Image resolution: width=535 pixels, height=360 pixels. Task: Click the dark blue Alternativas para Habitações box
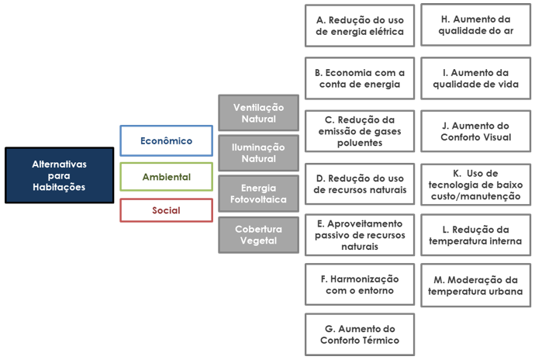60,175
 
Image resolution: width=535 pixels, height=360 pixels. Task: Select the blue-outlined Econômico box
166,140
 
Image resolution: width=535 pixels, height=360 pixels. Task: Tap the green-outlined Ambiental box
166,177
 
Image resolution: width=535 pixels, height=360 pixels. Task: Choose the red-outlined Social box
166,210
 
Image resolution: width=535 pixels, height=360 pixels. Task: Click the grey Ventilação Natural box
259,113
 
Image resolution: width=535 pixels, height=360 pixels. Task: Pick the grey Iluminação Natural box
259,153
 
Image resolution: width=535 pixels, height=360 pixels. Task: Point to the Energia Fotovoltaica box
259,194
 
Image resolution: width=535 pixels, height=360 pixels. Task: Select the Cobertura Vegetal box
259,235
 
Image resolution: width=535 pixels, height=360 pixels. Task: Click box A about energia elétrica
360,26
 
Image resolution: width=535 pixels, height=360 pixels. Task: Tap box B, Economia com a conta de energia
360,78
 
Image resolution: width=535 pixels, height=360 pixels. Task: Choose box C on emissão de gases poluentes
360,131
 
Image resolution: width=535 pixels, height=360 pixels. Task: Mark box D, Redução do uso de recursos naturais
360,184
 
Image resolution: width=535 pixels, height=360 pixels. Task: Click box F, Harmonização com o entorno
360,285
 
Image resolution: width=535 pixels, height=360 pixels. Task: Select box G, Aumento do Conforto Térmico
360,334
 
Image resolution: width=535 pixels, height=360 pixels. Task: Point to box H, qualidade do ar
475,25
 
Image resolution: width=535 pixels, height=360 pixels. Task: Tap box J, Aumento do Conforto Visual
475,131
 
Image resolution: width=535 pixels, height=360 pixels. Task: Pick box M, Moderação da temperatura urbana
475,286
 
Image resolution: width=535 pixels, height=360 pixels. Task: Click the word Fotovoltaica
258,199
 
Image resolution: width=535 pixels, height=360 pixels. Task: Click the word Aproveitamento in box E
364,223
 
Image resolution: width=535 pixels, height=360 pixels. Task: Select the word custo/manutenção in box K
475,196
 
